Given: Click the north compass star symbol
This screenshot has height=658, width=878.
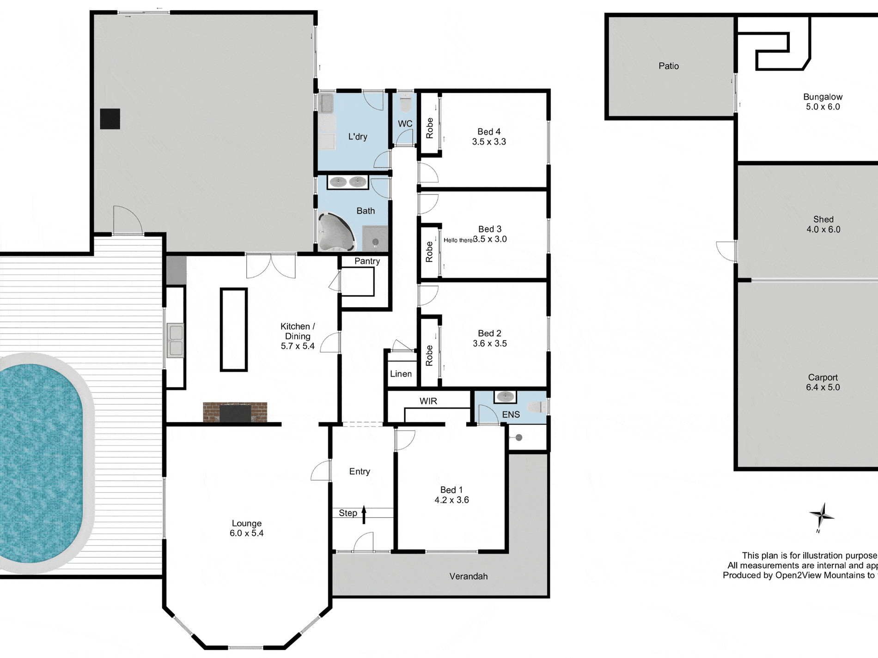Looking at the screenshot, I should pyautogui.click(x=821, y=515).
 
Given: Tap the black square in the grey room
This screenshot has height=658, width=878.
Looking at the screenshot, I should pyautogui.click(x=110, y=119).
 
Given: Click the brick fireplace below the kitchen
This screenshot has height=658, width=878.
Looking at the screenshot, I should pyautogui.click(x=235, y=412).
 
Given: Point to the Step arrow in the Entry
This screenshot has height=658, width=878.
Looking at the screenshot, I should pyautogui.click(x=364, y=514).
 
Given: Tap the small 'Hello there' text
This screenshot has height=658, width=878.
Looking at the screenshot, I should pyautogui.click(x=458, y=240).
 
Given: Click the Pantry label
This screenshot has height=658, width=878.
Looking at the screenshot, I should pyautogui.click(x=367, y=261).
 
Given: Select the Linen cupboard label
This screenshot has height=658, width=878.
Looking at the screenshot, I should pyautogui.click(x=401, y=374).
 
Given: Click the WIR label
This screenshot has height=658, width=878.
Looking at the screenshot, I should pyautogui.click(x=428, y=401).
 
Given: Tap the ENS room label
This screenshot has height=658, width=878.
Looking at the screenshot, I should pyautogui.click(x=511, y=415).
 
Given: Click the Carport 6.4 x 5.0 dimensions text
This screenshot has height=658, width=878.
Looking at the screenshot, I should pyautogui.click(x=823, y=387).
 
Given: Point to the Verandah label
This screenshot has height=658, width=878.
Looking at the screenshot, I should pyautogui.click(x=468, y=576).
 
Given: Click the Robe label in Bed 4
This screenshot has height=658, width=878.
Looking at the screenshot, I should pyautogui.click(x=430, y=128).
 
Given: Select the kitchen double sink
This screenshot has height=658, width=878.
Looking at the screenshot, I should pyautogui.click(x=175, y=341).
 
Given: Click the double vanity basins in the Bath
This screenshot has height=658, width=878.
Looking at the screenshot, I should pyautogui.click(x=348, y=182).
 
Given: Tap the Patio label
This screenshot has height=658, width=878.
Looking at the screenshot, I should pyautogui.click(x=668, y=66).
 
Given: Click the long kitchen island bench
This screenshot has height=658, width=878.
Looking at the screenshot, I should pyautogui.click(x=234, y=329).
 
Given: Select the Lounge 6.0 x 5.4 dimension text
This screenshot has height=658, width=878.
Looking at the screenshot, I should pyautogui.click(x=246, y=533).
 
